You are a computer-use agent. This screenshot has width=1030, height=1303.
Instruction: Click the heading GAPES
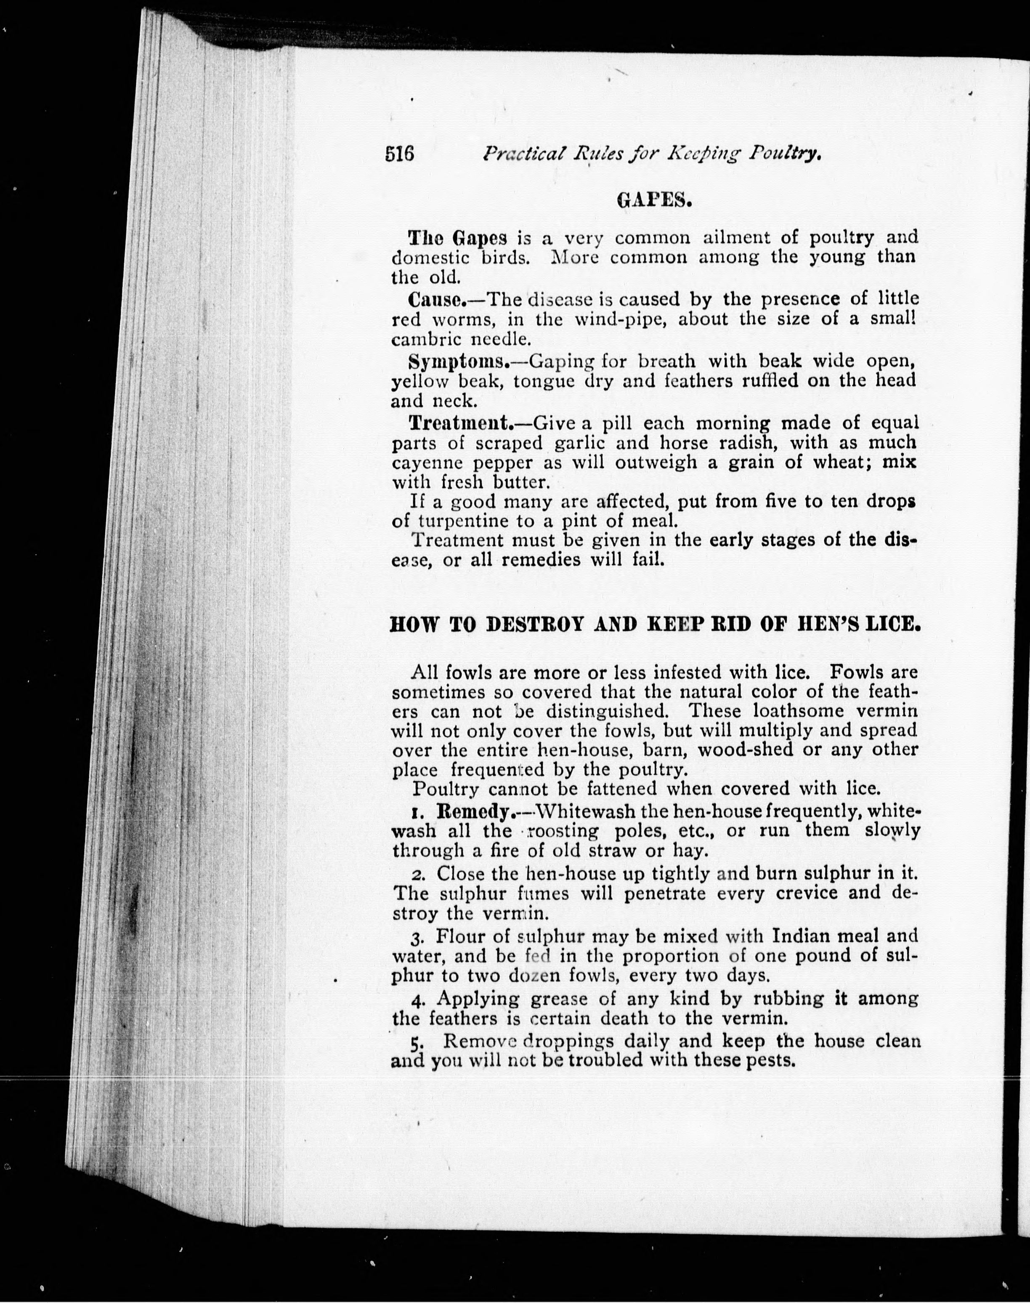pos(654,200)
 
